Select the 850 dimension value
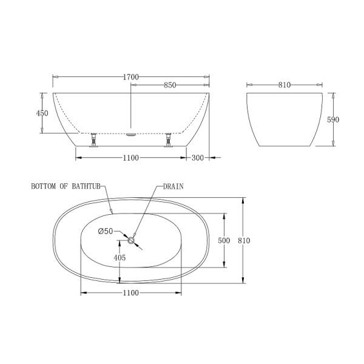coord(170,86)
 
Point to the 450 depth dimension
coord(42,113)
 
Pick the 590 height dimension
coord(333,120)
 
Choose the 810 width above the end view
coord(285,86)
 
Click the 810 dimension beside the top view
coord(244,241)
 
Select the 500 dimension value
coord(224,241)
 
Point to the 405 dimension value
coord(120,258)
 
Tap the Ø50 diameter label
coord(106,231)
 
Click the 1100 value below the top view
coord(130,293)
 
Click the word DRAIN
coord(173,187)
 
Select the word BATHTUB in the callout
coord(86,187)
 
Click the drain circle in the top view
coord(130,240)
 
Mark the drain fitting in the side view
coord(131,135)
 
